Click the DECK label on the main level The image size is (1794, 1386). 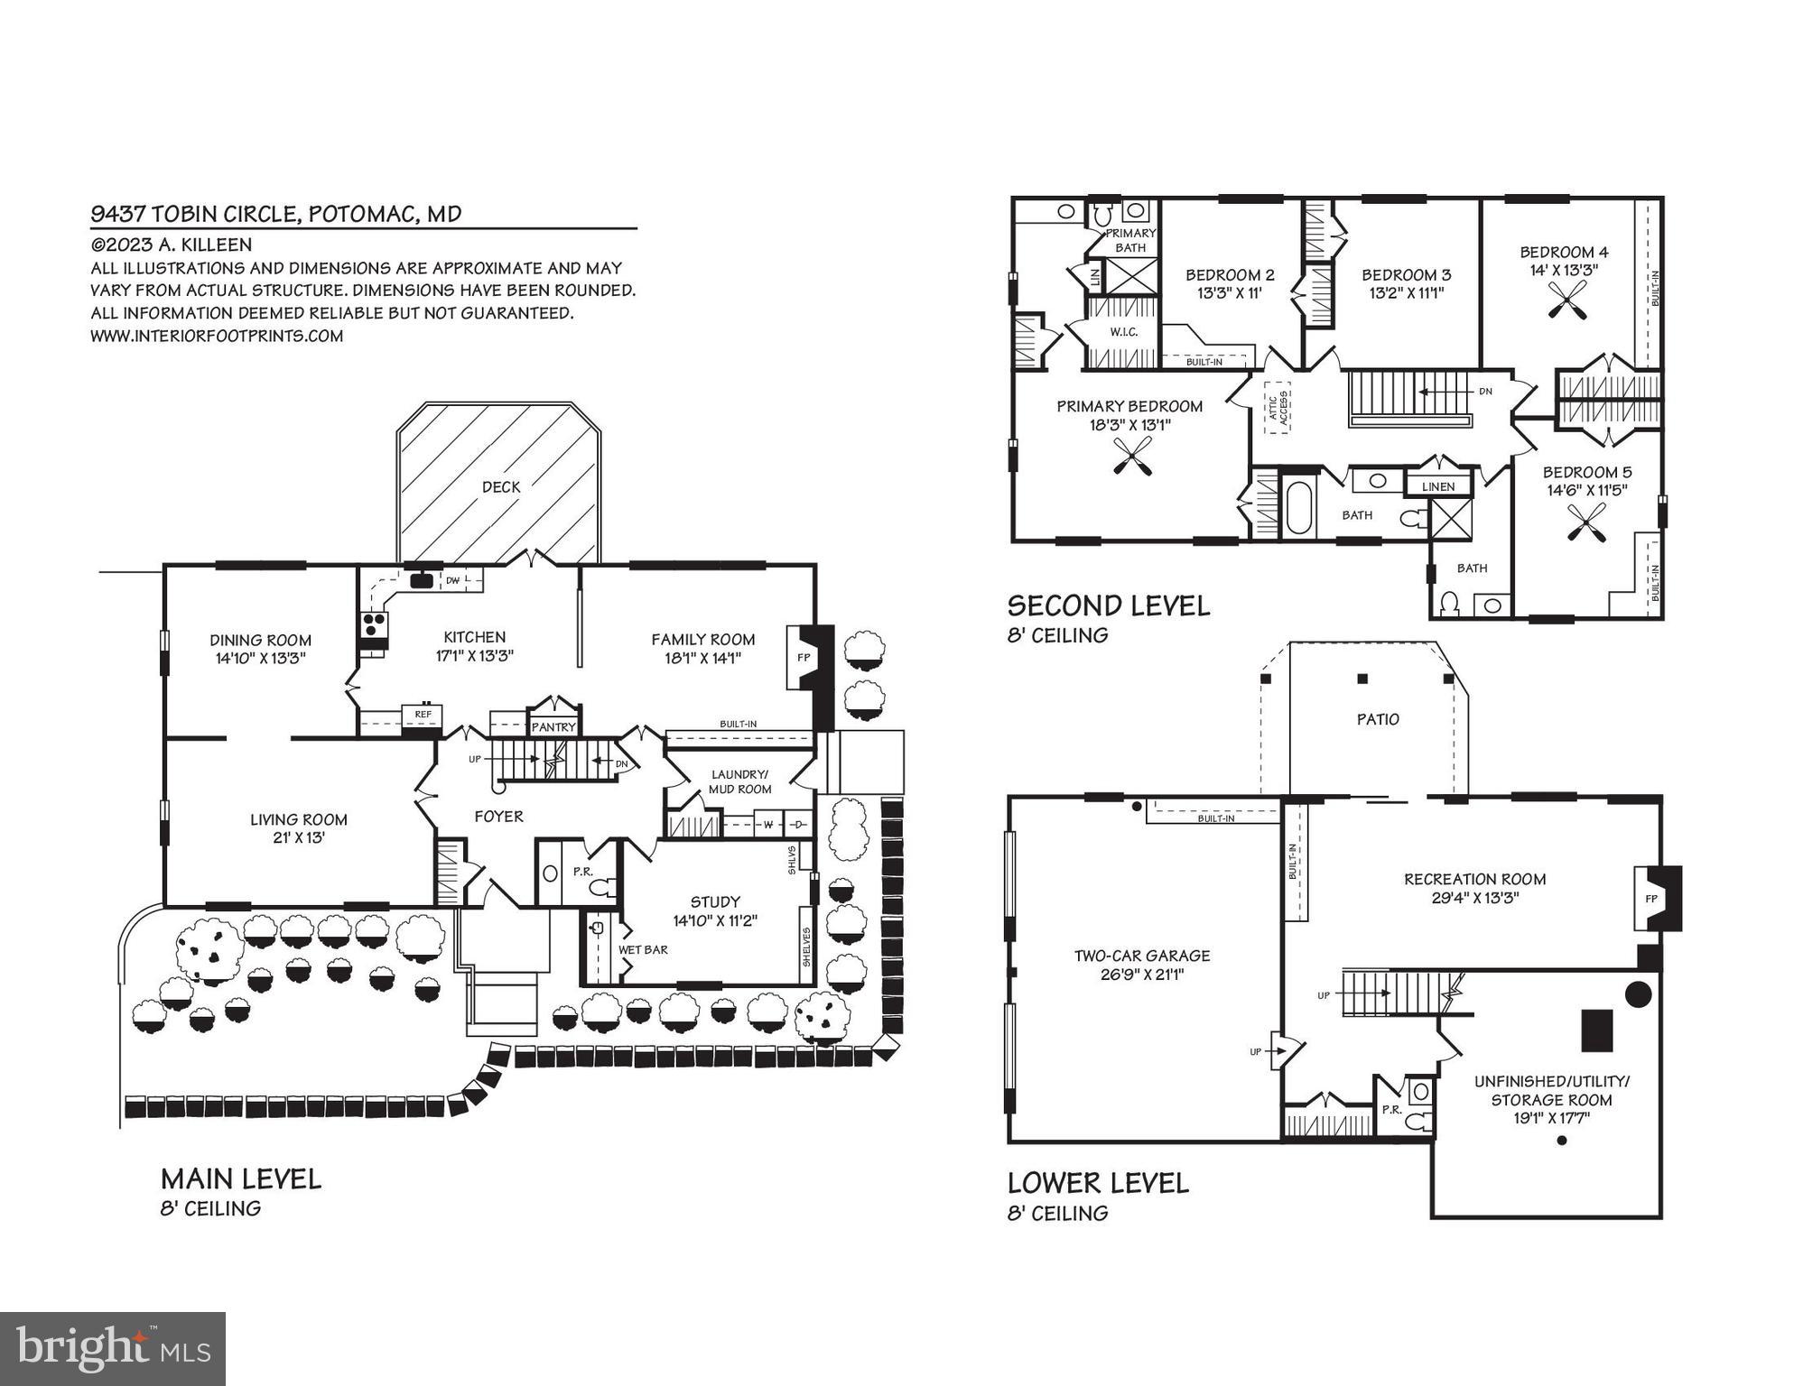pos(500,487)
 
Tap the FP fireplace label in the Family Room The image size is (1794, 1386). pos(803,658)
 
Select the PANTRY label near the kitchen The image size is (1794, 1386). pos(553,727)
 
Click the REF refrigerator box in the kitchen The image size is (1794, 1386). pos(423,715)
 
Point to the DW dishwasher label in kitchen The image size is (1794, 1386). pos(452,581)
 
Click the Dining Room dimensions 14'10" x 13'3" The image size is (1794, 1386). pos(261,659)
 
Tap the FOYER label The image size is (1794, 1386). pos(498,817)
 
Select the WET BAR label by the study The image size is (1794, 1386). pos(643,950)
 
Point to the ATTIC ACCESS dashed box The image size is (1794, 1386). pos(1277,408)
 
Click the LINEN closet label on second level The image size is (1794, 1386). pos(1438,486)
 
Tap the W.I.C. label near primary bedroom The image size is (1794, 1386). pos(1124,332)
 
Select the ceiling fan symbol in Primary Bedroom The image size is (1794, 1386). pos(1132,455)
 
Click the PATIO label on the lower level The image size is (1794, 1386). pos(1378,719)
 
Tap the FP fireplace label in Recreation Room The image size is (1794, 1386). pos(1650,899)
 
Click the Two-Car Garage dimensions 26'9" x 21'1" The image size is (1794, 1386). pos(1141,975)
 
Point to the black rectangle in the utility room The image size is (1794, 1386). pos(1596,1030)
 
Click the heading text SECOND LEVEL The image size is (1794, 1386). pos(1109,605)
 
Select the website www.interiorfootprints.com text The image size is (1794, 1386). pos(217,336)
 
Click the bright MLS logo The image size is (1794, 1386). pos(113,1349)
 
